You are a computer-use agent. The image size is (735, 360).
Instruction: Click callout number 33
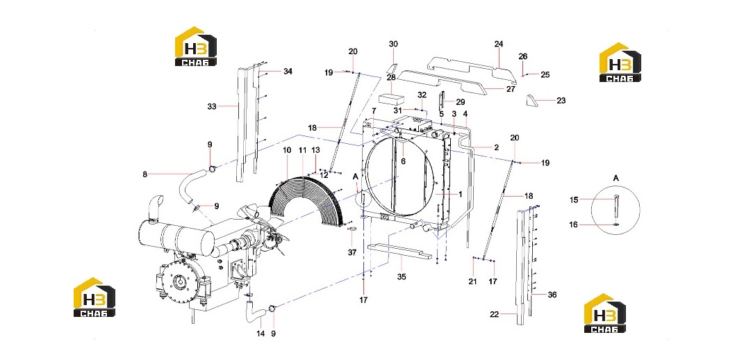(212, 106)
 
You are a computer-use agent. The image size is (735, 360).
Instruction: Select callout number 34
(288, 72)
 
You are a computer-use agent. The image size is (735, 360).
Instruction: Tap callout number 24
(498, 44)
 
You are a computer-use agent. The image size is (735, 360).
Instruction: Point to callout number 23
(561, 100)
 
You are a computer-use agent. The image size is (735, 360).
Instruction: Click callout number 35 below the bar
(402, 277)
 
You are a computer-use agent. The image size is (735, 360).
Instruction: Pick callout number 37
(352, 252)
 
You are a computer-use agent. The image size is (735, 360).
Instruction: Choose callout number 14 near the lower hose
(261, 334)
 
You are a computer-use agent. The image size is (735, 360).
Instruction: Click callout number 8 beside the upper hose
(144, 174)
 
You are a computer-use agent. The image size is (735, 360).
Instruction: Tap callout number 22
(494, 315)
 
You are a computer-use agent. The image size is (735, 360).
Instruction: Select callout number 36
(552, 295)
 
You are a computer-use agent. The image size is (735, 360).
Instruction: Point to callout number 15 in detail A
(574, 199)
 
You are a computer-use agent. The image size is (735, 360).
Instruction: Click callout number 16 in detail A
(573, 224)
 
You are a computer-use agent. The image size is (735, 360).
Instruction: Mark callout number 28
(391, 77)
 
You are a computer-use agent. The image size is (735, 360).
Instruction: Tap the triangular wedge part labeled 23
(531, 101)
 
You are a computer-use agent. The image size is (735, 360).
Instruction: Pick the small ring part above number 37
(352, 229)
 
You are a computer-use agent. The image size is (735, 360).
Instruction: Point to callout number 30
(393, 44)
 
